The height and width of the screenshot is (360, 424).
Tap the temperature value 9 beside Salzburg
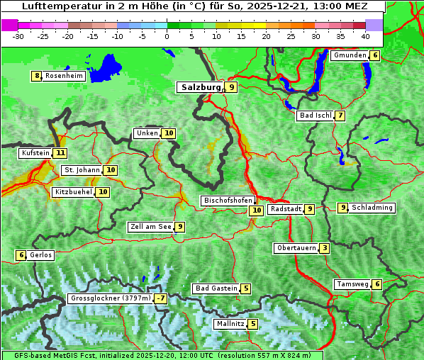pyautogui.click(x=232, y=87)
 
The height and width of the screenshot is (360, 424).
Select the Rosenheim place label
pyautogui.click(x=64, y=76)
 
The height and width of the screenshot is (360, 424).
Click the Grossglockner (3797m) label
pyautogui.click(x=111, y=298)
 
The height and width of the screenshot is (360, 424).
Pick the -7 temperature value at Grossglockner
pyautogui.click(x=161, y=298)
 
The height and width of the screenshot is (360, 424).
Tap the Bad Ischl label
pyautogui.click(x=315, y=116)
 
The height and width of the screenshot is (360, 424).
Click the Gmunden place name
pyautogui.click(x=350, y=55)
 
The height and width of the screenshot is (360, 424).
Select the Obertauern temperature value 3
pyautogui.click(x=324, y=248)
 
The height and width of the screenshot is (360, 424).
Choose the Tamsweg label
pyautogui.click(x=352, y=284)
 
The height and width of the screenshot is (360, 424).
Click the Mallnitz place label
pyautogui.click(x=230, y=324)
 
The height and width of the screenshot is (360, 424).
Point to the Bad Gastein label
pyautogui.click(x=216, y=288)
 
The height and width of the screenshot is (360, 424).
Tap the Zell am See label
pyautogui.click(x=150, y=227)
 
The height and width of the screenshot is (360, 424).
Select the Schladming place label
pyautogui.click(x=372, y=208)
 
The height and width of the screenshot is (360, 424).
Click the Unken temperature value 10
pyautogui.click(x=168, y=133)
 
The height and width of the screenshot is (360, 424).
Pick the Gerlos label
pyautogui.click(x=41, y=255)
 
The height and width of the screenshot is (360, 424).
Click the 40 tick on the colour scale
pyautogui.click(x=365, y=35)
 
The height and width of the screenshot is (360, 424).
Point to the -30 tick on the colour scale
pyautogui.click(x=18, y=35)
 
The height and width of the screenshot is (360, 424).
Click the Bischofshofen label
pyautogui.click(x=228, y=201)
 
